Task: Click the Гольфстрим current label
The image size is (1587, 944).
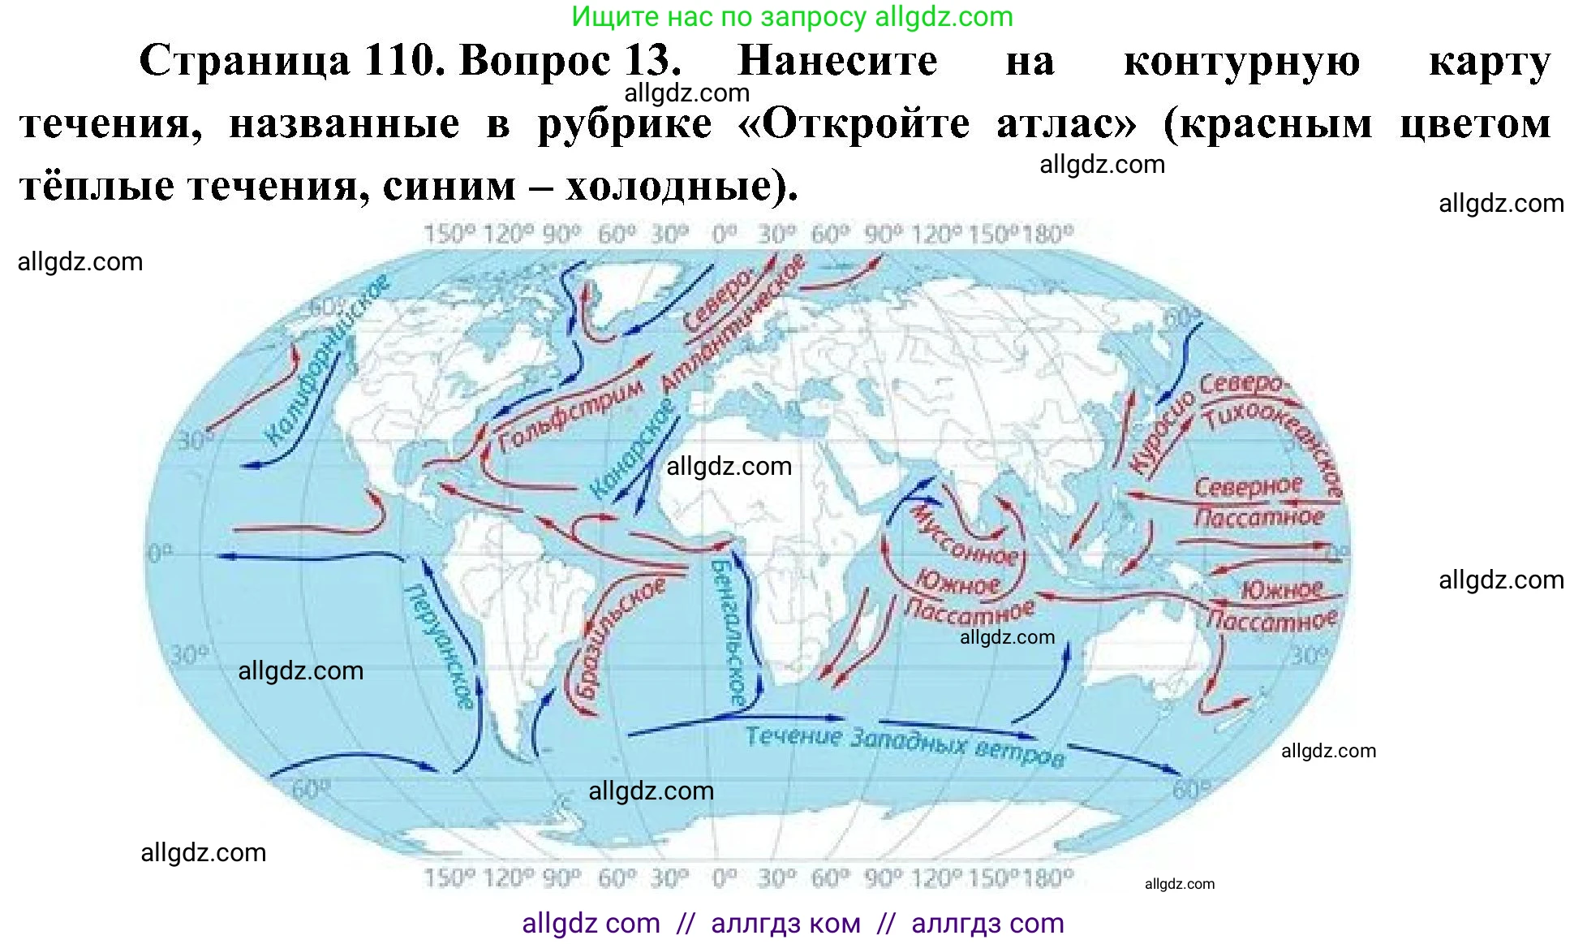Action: [570, 415]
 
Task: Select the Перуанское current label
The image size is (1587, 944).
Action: [439, 646]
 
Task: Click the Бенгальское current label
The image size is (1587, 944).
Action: [728, 631]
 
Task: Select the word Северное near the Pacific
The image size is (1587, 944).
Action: [1248, 487]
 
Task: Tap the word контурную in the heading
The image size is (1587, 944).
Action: [1241, 61]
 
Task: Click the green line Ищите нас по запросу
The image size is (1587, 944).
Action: [792, 16]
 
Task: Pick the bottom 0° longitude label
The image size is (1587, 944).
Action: [724, 877]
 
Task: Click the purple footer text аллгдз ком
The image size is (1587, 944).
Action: [785, 924]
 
